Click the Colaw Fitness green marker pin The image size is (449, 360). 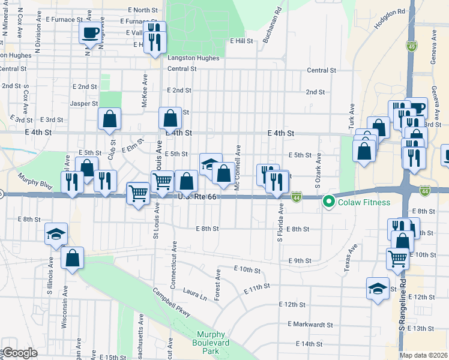pos(328,202)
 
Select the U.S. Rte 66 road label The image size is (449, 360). pos(196,196)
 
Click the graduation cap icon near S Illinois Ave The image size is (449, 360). pos(56,233)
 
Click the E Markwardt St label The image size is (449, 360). pos(310,324)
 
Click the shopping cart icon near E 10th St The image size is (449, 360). pos(397,257)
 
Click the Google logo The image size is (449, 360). pos(20,353)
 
